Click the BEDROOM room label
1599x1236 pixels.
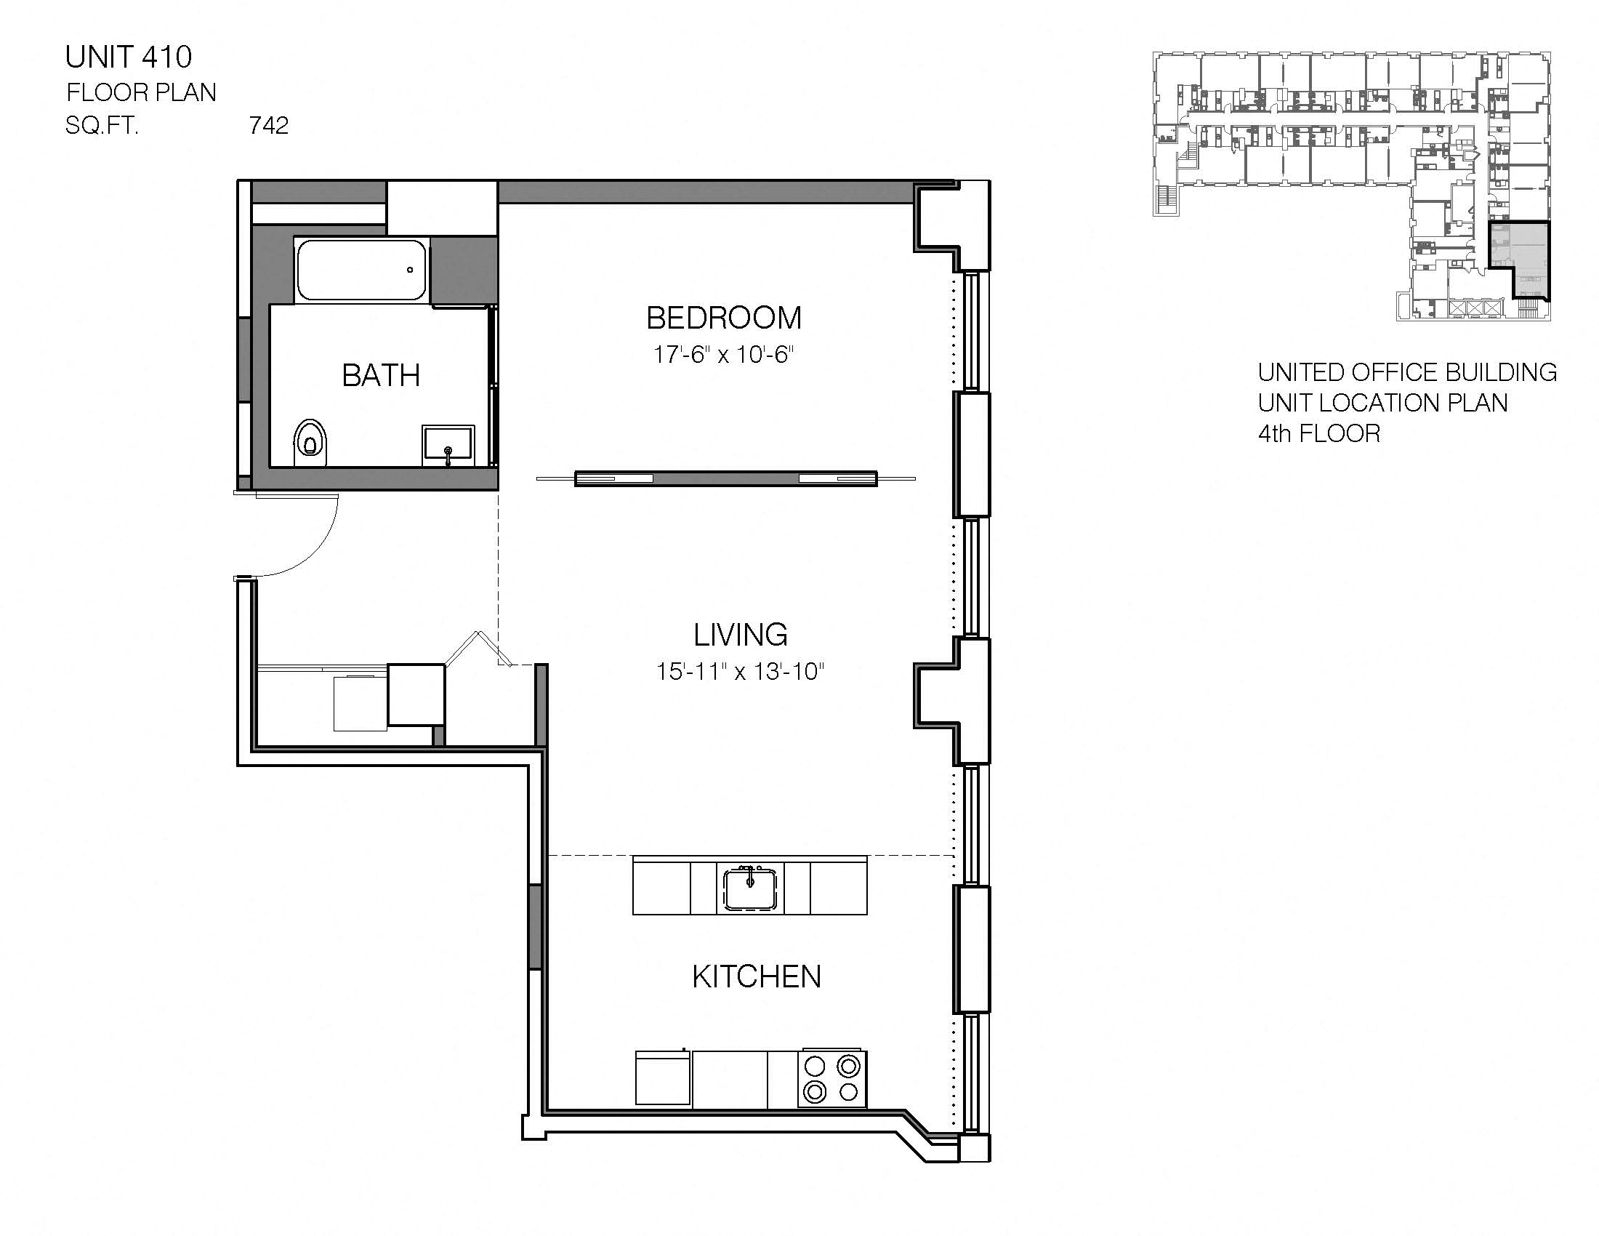pyautogui.click(x=723, y=318)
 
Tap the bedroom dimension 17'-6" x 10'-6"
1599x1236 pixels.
pyautogui.click(x=723, y=355)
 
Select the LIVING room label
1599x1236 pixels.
pyautogui.click(x=740, y=634)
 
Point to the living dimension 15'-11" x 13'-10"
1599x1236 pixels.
pyautogui.click(x=740, y=672)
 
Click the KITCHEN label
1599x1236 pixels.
pyautogui.click(x=757, y=976)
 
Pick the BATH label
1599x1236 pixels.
pyautogui.click(x=381, y=376)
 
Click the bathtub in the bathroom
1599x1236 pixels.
pyautogui.click(x=361, y=270)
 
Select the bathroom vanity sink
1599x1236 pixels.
pyautogui.click(x=448, y=444)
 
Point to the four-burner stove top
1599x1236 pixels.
pyautogui.click(x=831, y=1078)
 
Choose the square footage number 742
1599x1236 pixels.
pyautogui.click(x=269, y=126)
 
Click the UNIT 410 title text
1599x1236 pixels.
pyautogui.click(x=128, y=57)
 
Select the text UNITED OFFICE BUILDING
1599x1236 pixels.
pyautogui.click(x=1406, y=372)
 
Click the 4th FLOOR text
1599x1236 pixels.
pyautogui.click(x=1318, y=433)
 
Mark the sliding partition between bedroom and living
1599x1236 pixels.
pyautogui.click(x=725, y=479)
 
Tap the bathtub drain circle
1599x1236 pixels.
pyautogui.click(x=410, y=270)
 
